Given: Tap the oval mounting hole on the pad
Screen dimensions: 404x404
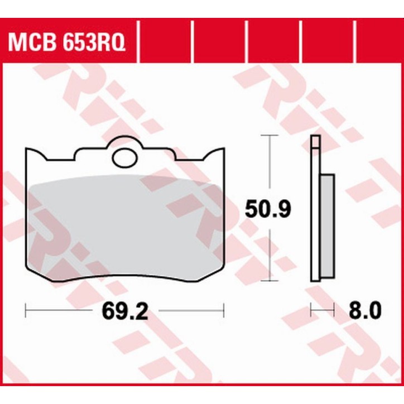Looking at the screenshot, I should (x=124, y=158).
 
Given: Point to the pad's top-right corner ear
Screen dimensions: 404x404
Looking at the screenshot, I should (x=219, y=154).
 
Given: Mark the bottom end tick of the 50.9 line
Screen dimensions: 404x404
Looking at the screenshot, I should (x=270, y=280).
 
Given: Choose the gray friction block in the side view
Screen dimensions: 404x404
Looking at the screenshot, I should (x=328, y=227).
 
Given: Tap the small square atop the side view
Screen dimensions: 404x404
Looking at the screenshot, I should (x=316, y=142).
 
